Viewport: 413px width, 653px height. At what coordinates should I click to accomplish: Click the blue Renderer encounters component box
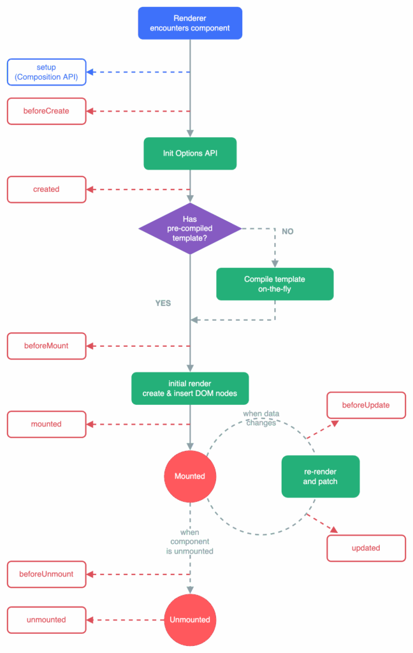190,24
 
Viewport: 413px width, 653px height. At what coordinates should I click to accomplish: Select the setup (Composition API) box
47,72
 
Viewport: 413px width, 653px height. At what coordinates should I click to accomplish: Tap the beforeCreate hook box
47,111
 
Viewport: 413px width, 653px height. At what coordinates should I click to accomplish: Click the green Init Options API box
191,154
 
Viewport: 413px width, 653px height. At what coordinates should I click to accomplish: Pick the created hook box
47,189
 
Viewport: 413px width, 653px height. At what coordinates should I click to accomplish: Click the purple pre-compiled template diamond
191,229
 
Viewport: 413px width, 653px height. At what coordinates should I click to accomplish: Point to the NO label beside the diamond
287,231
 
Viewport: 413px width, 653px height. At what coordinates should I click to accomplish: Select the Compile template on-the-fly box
275,284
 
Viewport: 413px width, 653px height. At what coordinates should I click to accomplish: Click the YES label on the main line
163,303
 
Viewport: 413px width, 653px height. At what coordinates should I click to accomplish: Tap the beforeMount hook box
47,346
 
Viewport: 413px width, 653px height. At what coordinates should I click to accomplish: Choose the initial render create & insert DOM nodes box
191,388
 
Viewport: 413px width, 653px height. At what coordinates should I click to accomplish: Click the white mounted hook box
47,424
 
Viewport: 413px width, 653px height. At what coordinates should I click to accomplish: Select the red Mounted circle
191,476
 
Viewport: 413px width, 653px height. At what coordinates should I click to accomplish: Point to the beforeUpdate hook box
366,405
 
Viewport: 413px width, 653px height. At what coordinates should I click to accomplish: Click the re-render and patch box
321,476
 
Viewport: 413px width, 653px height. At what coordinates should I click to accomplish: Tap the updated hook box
366,548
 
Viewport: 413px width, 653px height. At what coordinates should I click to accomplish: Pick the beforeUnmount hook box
47,575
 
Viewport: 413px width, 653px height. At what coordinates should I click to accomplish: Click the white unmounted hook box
47,620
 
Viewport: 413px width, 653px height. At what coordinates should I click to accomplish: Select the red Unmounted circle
191,620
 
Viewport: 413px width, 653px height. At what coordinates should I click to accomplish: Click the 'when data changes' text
261,418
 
